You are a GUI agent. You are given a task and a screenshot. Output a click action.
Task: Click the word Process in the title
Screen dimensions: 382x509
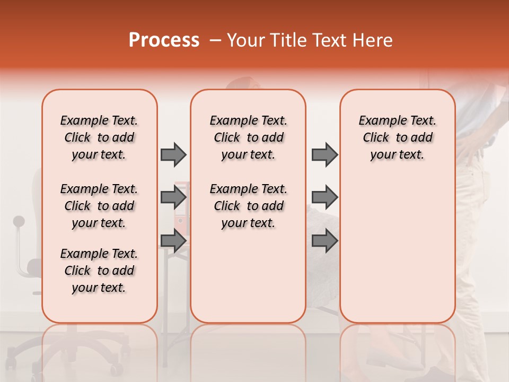164,40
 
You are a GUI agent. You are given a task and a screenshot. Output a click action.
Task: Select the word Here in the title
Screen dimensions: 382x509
373,40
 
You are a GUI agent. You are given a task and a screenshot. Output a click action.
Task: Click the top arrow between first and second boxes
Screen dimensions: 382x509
173,154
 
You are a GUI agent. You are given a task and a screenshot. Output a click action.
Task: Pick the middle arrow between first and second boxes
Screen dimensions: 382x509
173,197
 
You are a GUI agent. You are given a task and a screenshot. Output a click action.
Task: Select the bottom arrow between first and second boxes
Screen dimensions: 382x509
173,240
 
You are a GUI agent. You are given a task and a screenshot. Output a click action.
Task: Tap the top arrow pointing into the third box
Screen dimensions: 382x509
324,154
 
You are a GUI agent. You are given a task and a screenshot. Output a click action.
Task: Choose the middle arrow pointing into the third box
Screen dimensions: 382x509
324,197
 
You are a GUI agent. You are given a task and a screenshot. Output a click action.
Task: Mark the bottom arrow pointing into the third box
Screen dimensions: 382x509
324,240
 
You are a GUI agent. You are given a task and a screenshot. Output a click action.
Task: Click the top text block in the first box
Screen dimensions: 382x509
99,137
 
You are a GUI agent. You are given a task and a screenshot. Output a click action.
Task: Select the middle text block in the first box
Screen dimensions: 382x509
99,206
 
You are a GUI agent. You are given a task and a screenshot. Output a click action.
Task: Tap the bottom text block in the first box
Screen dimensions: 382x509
99,271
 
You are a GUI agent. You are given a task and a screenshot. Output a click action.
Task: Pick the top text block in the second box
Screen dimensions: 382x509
248,137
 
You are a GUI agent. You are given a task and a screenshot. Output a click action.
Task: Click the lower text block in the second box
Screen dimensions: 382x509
248,206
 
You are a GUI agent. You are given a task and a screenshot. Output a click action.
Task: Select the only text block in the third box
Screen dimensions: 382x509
397,137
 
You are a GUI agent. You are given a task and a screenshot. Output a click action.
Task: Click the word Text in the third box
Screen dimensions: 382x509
423,121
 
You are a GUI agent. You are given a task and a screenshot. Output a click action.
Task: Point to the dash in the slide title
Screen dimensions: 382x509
215,40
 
